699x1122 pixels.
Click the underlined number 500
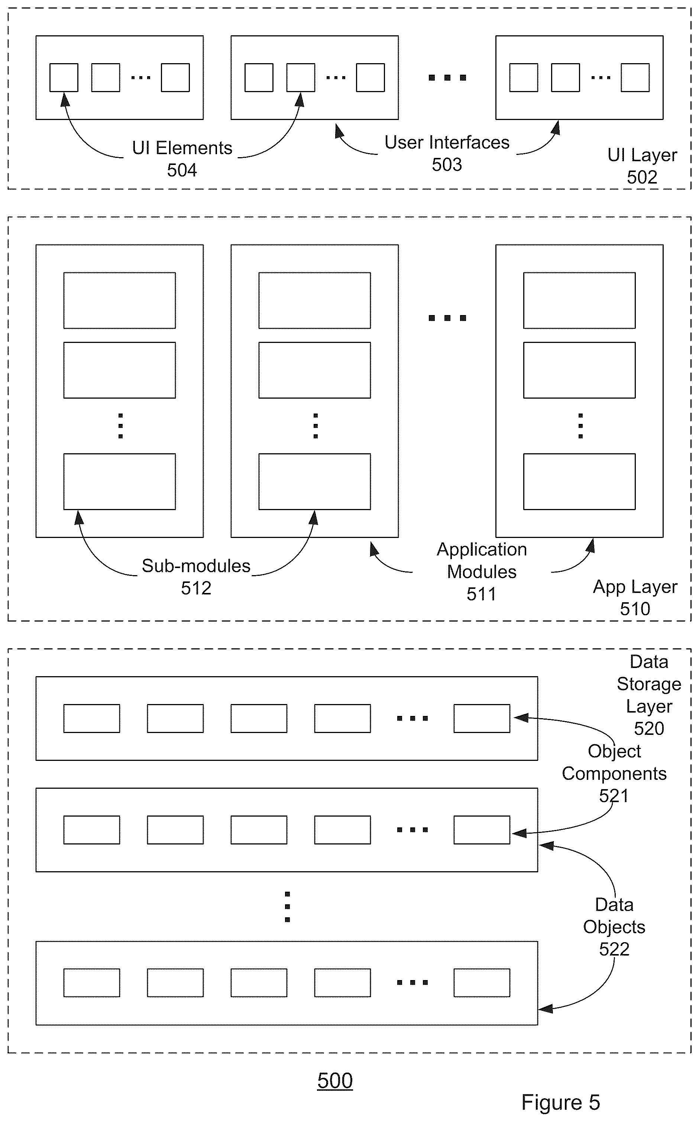[335, 1080]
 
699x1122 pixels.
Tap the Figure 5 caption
[560, 1103]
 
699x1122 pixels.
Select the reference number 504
[182, 171]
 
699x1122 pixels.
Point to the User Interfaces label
[447, 142]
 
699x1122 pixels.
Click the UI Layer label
[642, 155]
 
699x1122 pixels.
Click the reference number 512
[196, 588]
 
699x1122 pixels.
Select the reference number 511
[481, 594]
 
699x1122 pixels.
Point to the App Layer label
[635, 587]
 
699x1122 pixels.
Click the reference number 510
[635, 609]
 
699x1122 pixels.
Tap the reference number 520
[649, 729]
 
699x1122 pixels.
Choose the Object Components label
[614, 762]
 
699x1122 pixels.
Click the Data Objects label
[614, 915]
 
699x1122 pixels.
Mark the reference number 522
[614, 949]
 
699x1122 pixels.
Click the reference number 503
[447, 165]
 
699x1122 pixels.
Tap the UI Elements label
[182, 148]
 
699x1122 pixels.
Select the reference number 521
[614, 796]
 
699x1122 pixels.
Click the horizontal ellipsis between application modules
[447, 318]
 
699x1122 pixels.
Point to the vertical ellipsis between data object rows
[287, 907]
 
